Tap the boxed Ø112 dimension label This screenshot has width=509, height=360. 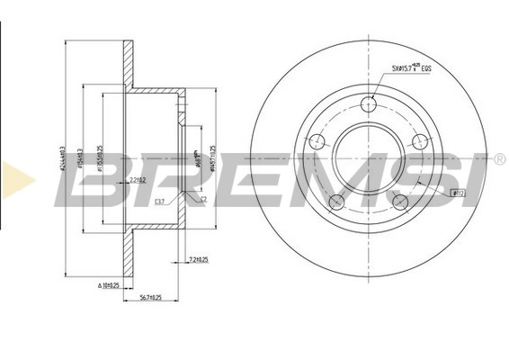(x=457, y=192)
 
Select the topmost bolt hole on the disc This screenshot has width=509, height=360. (x=367, y=106)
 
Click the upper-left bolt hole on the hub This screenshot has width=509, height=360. (x=316, y=142)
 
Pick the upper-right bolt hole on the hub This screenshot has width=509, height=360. (x=418, y=141)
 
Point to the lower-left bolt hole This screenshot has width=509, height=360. (x=335, y=202)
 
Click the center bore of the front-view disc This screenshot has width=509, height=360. (x=367, y=159)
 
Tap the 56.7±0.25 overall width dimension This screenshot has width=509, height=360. (x=149, y=296)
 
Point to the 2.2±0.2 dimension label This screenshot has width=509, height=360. (x=138, y=181)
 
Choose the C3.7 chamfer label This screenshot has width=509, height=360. (x=159, y=202)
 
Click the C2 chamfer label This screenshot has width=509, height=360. (x=203, y=200)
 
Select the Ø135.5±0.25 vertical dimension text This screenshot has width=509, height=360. (x=100, y=160)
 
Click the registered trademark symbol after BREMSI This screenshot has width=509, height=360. (x=499, y=159)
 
